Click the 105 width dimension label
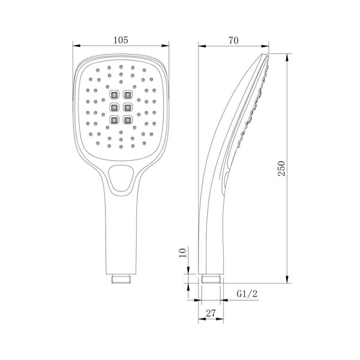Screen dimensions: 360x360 [121, 40]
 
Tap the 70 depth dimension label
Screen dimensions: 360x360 [233, 40]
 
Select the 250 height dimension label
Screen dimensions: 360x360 [281, 168]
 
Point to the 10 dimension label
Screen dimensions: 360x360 [183, 253]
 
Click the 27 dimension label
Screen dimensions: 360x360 [211, 313]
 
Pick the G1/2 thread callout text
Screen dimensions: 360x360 [247, 293]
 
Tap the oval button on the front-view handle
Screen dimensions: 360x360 [121, 178]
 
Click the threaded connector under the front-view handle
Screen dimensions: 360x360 [121, 279]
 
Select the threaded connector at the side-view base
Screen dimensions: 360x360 [211, 279]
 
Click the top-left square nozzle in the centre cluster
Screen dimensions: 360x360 [114, 94]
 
